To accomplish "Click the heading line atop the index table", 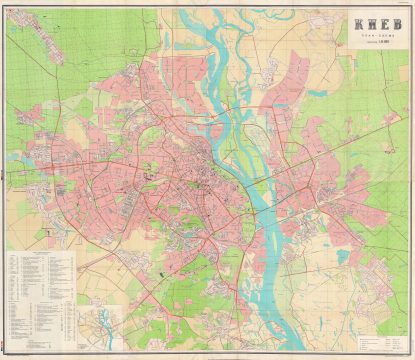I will pyautogui.click(x=40, y=251).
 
